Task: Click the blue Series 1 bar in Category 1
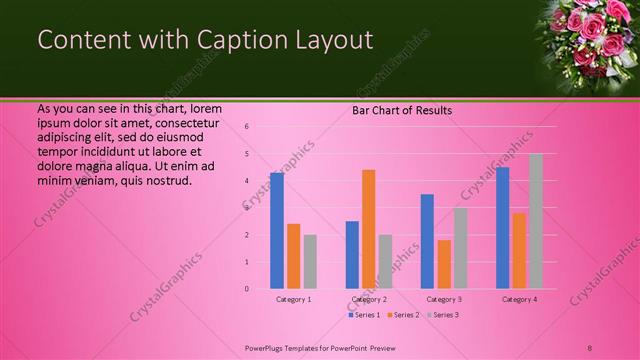click(277, 231)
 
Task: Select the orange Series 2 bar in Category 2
click(369, 229)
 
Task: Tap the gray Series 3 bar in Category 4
click(536, 221)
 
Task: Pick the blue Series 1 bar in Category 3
click(427, 241)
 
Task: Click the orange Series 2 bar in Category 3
click(444, 264)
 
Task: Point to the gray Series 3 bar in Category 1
click(310, 262)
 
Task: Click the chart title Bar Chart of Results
click(402, 110)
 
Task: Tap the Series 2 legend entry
click(403, 315)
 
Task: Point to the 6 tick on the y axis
click(246, 127)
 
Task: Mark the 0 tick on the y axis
click(246, 289)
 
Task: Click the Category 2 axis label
click(369, 299)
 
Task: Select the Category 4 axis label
click(519, 299)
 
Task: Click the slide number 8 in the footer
click(590, 347)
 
